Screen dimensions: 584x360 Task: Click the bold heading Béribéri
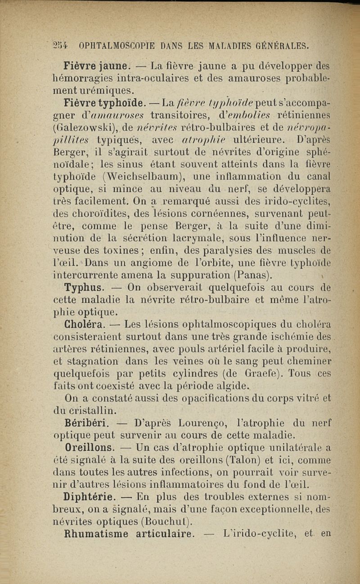click(x=85, y=422)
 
